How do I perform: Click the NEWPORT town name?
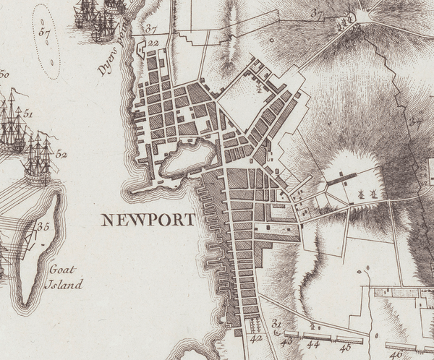click(148, 220)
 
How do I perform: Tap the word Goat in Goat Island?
click(63, 270)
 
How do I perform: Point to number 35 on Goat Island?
click(43, 227)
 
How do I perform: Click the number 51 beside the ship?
click(28, 114)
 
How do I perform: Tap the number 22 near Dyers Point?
click(153, 43)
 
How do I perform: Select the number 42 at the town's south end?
click(255, 338)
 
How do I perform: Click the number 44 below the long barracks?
click(314, 346)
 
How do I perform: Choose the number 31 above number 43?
click(276, 323)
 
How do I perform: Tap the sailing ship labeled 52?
click(38, 159)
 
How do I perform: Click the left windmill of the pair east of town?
click(359, 193)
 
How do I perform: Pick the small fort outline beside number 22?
click(142, 48)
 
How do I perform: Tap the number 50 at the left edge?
click(4, 73)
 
